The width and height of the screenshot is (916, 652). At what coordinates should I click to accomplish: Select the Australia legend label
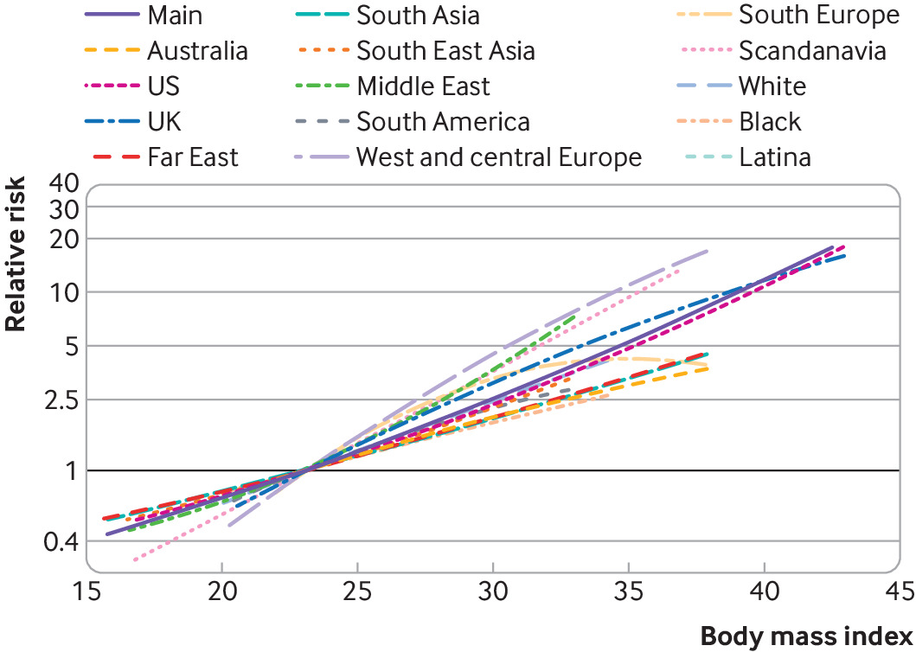coord(197,50)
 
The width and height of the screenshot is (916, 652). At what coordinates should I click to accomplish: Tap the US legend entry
coord(163,86)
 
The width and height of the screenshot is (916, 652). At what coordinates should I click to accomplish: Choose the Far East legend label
coord(193,157)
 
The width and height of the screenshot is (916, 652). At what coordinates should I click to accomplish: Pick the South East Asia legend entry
coord(445,50)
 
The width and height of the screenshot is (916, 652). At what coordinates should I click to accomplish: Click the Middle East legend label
coord(423,86)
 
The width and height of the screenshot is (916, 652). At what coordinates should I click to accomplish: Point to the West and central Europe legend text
coord(499,157)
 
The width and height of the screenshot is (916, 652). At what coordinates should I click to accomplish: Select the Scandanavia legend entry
coord(812,50)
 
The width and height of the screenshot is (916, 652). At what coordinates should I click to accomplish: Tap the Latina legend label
coord(774,157)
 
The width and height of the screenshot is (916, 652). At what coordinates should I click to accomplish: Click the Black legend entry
coord(771,121)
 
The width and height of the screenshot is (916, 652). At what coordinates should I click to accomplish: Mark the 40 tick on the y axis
coord(65,184)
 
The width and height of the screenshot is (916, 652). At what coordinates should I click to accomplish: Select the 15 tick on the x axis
coord(87,591)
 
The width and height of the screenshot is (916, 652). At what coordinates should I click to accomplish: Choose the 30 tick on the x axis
coord(493,591)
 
